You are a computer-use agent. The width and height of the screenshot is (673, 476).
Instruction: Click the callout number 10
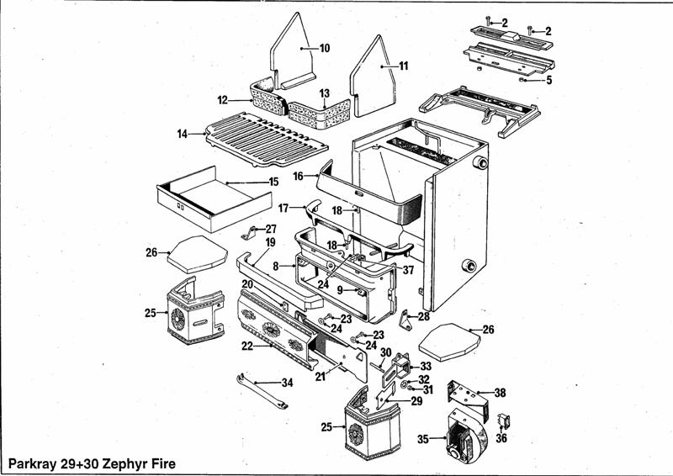325,48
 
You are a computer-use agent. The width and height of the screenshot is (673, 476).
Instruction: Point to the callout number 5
548,81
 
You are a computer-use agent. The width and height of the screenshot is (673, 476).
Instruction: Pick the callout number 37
408,270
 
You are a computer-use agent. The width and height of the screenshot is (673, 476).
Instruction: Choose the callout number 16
298,177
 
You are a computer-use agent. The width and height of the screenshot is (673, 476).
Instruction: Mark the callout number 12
223,100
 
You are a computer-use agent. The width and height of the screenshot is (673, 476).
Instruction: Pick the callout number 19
270,242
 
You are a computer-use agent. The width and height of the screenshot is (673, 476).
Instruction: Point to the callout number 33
426,366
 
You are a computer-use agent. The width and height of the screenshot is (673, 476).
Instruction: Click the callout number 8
276,266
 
